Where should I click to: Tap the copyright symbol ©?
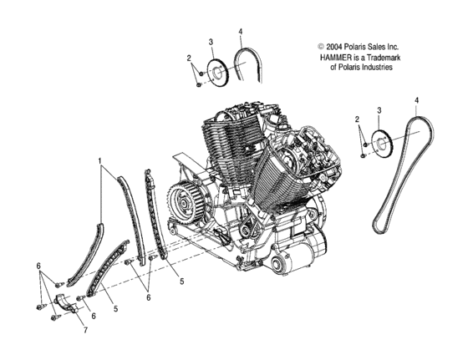pyautogui.click(x=320, y=48)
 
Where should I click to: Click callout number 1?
pyautogui.click(x=99, y=160)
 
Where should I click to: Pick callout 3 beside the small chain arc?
pyautogui.click(x=211, y=43)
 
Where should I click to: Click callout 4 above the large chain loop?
pyautogui.click(x=415, y=101)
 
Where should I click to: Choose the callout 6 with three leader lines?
pyautogui.click(x=38, y=265)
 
